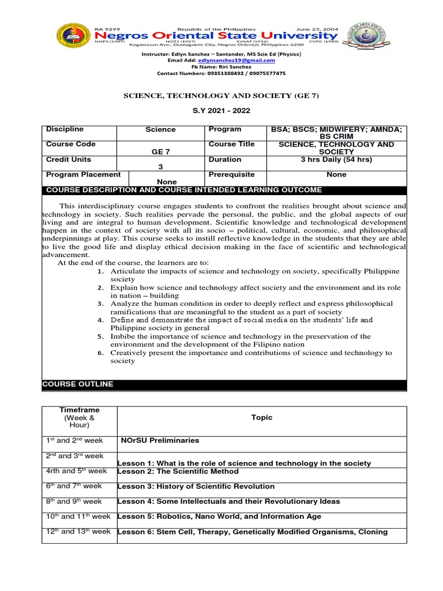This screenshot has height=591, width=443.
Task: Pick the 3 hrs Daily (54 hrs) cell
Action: coord(336,159)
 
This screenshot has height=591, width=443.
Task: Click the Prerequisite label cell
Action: coord(231,174)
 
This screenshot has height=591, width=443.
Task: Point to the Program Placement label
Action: coord(84,174)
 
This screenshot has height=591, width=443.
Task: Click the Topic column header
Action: coord(262,417)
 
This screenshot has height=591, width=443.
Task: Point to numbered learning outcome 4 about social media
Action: coord(241,323)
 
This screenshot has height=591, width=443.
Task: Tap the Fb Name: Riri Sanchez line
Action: coord(221,67)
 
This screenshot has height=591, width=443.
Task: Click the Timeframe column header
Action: coord(79,417)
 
